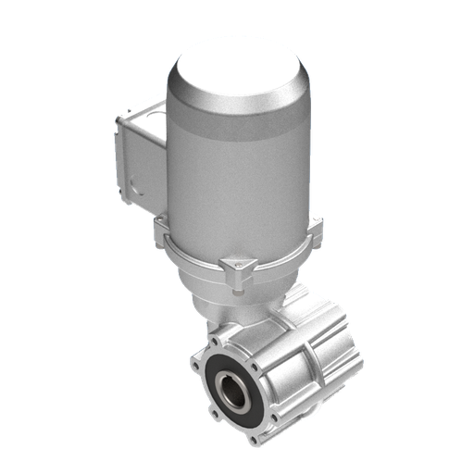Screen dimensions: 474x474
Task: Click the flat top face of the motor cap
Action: tap(239, 69)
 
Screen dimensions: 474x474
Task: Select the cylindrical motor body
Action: tap(236, 176)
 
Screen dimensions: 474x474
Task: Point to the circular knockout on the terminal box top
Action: tap(143, 115)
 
